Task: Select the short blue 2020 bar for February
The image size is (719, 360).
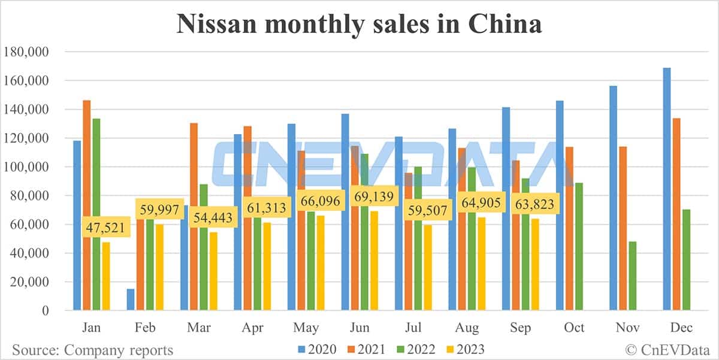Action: click(x=131, y=300)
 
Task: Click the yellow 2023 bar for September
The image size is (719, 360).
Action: click(x=535, y=264)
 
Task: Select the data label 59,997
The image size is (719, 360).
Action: click(x=158, y=208)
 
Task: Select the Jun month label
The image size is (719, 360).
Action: click(x=359, y=328)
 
